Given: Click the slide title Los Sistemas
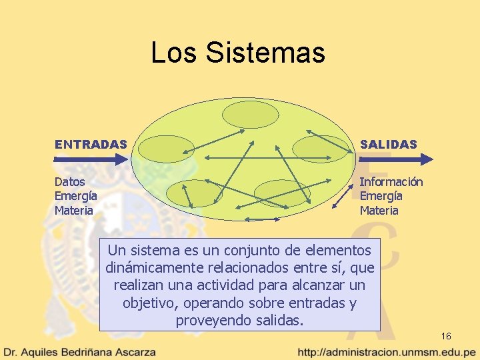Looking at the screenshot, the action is click(x=238, y=53).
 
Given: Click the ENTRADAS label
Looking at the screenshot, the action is click(x=91, y=144).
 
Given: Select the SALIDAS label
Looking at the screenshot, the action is click(x=389, y=144).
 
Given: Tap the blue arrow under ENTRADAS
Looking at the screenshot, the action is click(x=91, y=159).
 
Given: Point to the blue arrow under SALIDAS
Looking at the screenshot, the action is click(x=396, y=159).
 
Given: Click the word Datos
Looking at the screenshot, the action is click(x=69, y=181).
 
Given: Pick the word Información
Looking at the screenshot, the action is click(x=391, y=181).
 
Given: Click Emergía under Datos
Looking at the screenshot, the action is click(x=76, y=196).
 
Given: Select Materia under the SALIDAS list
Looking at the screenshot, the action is click(x=379, y=211).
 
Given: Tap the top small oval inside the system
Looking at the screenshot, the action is click(x=245, y=114).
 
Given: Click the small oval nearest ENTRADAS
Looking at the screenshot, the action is click(x=157, y=148).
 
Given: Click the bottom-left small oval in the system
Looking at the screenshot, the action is click(x=187, y=193).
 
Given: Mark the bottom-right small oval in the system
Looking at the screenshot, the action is click(x=282, y=193).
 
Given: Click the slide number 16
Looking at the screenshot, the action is click(x=446, y=336).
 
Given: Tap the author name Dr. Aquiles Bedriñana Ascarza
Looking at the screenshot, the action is click(x=80, y=351).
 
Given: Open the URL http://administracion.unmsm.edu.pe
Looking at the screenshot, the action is click(x=387, y=351).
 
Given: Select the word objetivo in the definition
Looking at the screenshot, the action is click(x=147, y=303).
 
